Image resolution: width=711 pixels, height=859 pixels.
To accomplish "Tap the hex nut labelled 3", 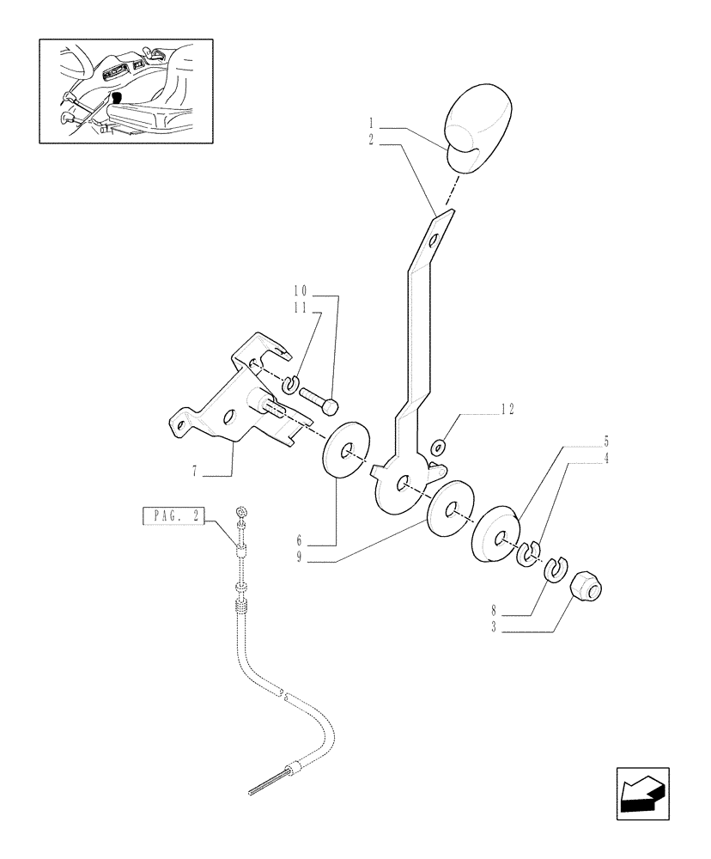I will (x=587, y=590).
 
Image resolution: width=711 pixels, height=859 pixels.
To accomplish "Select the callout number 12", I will (x=507, y=411).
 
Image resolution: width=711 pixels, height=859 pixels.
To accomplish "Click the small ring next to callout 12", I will (x=438, y=446).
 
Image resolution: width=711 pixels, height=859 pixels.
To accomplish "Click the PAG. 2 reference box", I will (x=173, y=516).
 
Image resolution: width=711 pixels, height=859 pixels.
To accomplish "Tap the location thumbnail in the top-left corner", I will (x=126, y=91).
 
